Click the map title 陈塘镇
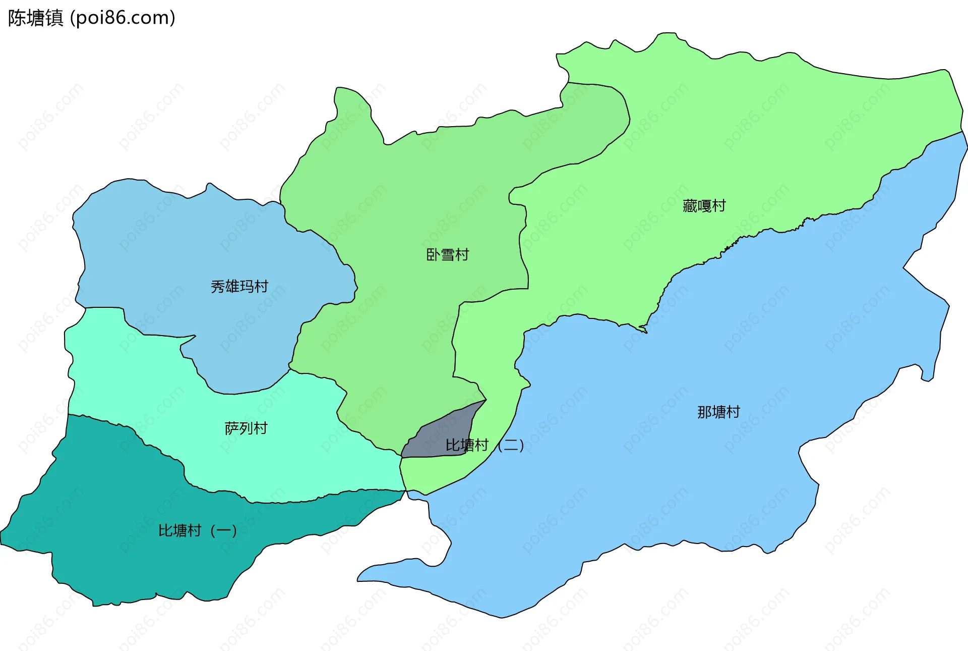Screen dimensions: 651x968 (x=35, y=18)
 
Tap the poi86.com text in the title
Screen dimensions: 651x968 (x=123, y=18)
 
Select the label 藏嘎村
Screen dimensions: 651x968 (x=704, y=206)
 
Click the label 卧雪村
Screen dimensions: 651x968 (x=447, y=255)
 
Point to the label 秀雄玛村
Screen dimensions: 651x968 (x=239, y=287)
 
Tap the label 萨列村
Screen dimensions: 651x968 (x=246, y=428)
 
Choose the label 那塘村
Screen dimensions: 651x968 (x=718, y=412)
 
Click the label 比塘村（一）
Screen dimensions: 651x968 (x=197, y=530)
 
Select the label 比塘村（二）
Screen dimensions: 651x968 (x=485, y=445)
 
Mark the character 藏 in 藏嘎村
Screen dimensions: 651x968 (x=690, y=206)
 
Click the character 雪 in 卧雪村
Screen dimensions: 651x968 (x=447, y=255)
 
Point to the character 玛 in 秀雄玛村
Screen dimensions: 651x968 (x=247, y=287)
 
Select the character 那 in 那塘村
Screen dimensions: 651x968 (x=704, y=412)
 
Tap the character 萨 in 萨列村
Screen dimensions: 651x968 (x=232, y=428)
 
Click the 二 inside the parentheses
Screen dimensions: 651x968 (x=511, y=445)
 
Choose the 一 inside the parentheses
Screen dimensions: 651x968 (x=223, y=530)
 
